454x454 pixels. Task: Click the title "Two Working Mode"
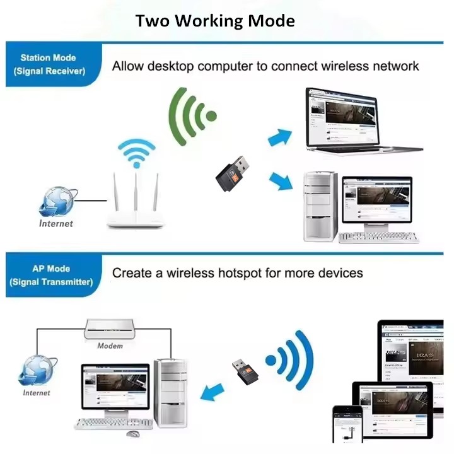click(214, 21)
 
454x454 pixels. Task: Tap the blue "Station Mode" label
click(49, 64)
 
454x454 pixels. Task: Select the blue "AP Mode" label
click(51, 275)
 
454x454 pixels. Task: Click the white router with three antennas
click(135, 202)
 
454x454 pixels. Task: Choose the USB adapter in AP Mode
click(240, 372)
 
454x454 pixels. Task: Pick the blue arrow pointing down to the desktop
click(281, 182)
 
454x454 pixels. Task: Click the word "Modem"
click(110, 346)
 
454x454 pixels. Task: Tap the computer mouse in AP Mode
click(132, 434)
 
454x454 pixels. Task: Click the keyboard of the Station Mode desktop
click(378, 237)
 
